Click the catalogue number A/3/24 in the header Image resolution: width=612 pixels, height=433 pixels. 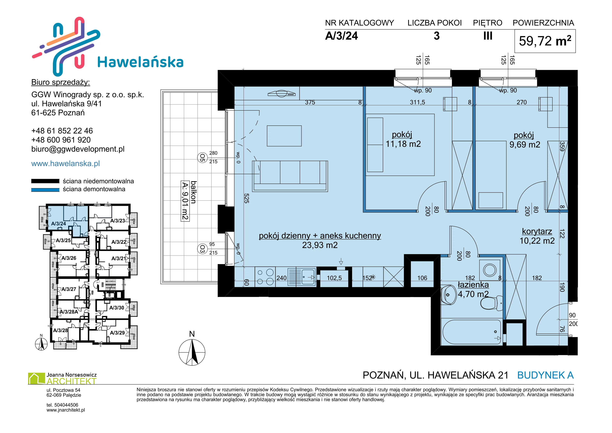342,36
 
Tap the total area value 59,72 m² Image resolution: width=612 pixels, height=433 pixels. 545,41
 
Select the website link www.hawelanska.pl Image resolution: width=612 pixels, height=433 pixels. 66,163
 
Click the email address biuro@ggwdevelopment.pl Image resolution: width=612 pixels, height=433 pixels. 78,149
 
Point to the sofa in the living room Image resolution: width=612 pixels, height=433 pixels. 290,176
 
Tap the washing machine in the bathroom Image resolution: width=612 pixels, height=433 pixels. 490,270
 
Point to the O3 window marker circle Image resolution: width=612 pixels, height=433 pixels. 202,249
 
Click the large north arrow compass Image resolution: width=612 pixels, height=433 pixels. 192,352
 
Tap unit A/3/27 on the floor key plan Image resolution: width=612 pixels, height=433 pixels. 69,289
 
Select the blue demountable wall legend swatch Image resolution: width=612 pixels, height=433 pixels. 45,190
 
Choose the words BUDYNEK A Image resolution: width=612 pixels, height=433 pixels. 545,375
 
